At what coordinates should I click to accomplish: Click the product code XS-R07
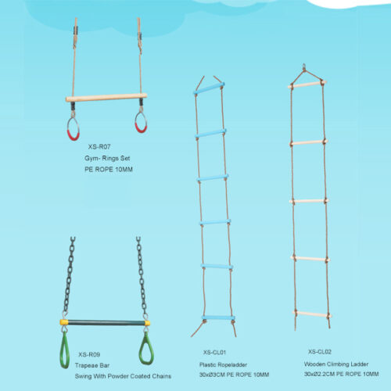(x=99, y=147)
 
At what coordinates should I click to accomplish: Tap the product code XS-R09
(x=89, y=354)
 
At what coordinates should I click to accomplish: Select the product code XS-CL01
(x=214, y=353)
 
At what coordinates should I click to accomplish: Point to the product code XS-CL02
(x=320, y=352)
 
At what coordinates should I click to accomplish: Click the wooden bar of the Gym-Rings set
(x=106, y=98)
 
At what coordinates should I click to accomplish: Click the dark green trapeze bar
(x=106, y=323)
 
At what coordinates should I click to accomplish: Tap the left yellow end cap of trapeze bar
(x=64, y=322)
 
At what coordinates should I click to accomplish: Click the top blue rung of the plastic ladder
(x=209, y=88)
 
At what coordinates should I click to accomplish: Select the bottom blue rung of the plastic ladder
(x=218, y=318)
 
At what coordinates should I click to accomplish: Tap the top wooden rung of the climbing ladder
(x=307, y=84)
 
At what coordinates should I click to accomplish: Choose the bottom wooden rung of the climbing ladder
(x=312, y=314)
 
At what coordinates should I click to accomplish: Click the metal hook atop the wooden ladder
(x=304, y=66)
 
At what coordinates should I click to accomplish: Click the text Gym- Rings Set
(x=107, y=158)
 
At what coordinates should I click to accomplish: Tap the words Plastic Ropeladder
(x=223, y=364)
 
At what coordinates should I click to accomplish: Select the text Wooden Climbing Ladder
(x=336, y=364)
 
